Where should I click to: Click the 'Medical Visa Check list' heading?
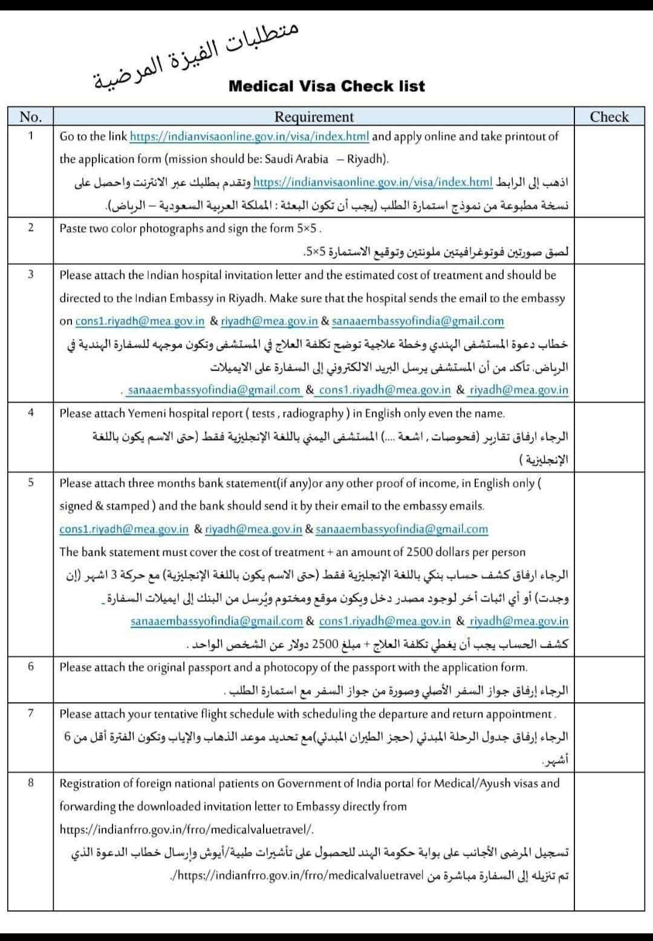coord(326,86)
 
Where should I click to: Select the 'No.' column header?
coord(30,117)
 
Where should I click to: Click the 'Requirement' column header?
coord(313,117)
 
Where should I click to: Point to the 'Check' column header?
coord(609,117)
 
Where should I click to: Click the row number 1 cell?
coord(30,135)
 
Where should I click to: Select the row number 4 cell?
coord(30,412)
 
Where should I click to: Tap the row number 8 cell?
coord(30,783)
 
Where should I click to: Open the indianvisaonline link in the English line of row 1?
coord(249,137)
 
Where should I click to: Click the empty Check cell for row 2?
coord(609,240)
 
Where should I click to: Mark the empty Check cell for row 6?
coord(609,679)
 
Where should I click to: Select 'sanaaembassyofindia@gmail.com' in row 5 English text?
coord(401,529)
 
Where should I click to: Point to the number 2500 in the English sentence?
coord(420,552)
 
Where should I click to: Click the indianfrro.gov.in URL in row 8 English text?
coord(186,830)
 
